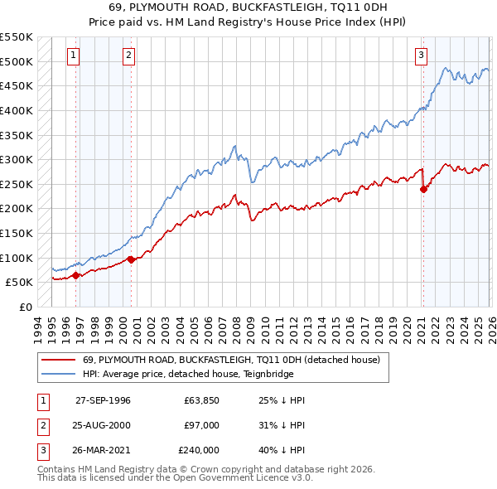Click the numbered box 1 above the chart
pyautogui.click(x=74, y=56)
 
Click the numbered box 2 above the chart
pyautogui.click(x=129, y=56)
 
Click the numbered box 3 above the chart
pyautogui.click(x=421, y=56)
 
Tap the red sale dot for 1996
pyautogui.click(x=76, y=275)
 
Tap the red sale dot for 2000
pyautogui.click(x=131, y=259)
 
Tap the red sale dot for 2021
pyautogui.click(x=423, y=189)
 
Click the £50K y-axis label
pyautogui.click(x=20, y=282)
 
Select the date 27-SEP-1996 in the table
pyautogui.click(x=103, y=399)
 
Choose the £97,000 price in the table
pyautogui.click(x=203, y=425)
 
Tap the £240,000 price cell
pyautogui.click(x=200, y=451)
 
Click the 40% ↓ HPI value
pyautogui.click(x=282, y=451)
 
